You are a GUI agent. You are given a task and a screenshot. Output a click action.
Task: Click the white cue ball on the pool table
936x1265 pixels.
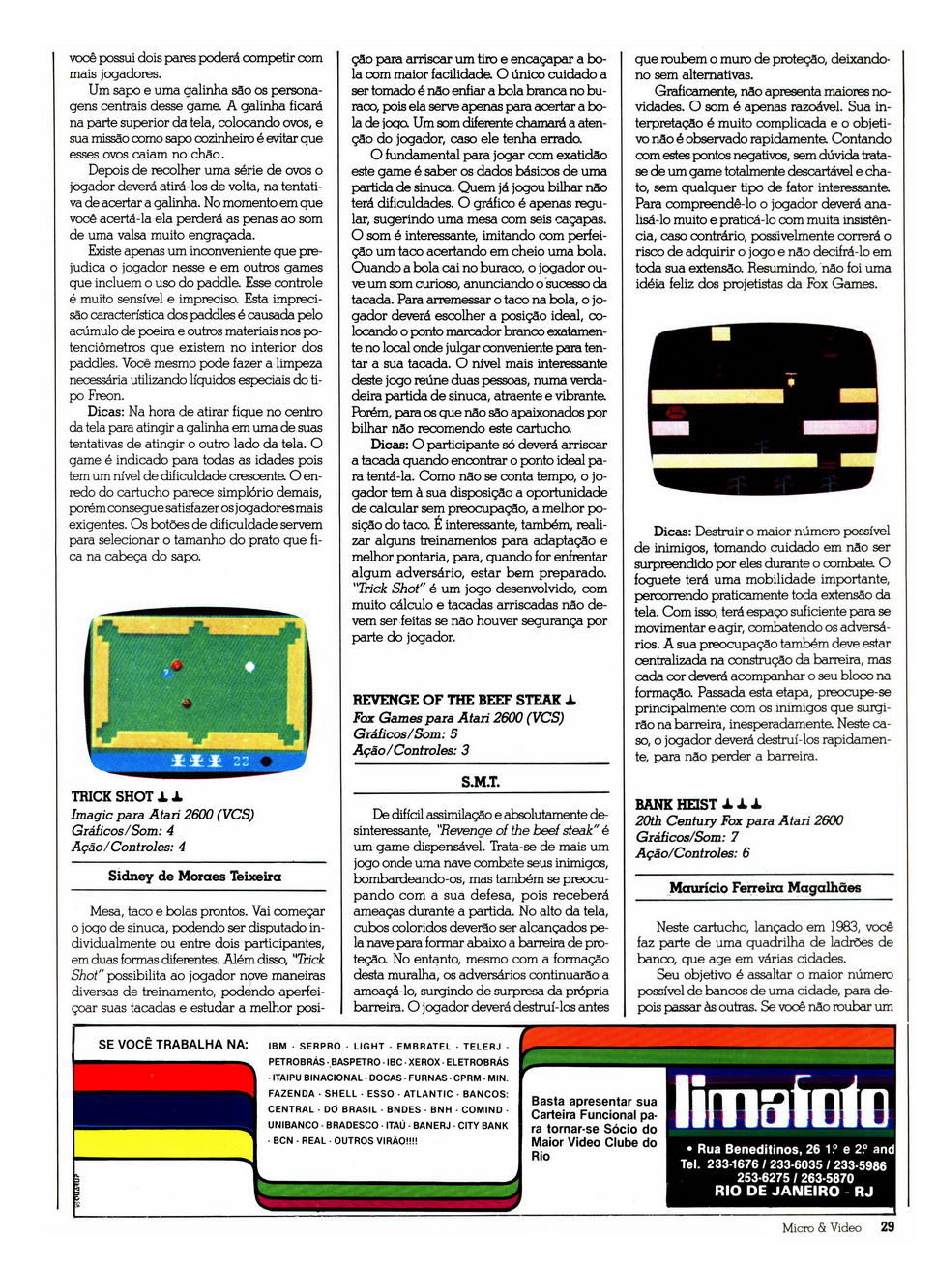(x=250, y=667)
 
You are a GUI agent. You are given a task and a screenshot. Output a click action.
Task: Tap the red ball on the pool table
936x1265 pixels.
(x=176, y=665)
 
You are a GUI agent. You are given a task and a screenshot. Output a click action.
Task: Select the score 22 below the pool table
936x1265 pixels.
(x=241, y=762)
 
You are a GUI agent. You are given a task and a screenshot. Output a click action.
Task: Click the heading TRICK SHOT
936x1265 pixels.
(x=112, y=797)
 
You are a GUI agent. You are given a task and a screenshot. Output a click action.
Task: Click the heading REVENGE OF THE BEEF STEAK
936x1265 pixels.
(x=456, y=701)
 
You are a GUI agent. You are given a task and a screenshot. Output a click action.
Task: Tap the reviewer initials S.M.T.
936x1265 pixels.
(x=480, y=782)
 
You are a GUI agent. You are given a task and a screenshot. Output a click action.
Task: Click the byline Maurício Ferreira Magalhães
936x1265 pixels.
(x=764, y=888)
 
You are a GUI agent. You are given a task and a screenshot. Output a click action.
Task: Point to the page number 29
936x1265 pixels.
(x=888, y=1227)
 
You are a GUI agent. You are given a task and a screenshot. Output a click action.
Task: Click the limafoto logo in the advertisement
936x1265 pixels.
(x=779, y=1102)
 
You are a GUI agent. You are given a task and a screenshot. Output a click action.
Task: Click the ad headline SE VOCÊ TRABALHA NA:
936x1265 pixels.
(x=173, y=1045)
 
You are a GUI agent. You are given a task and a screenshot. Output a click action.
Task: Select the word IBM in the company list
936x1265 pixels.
(x=278, y=1047)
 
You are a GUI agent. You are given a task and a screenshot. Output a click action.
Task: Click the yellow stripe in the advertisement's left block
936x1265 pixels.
(x=164, y=1143)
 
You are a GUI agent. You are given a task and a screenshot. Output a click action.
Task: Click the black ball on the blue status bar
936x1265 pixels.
(x=266, y=762)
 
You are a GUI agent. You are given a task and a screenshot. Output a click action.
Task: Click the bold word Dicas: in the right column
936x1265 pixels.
(x=672, y=532)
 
